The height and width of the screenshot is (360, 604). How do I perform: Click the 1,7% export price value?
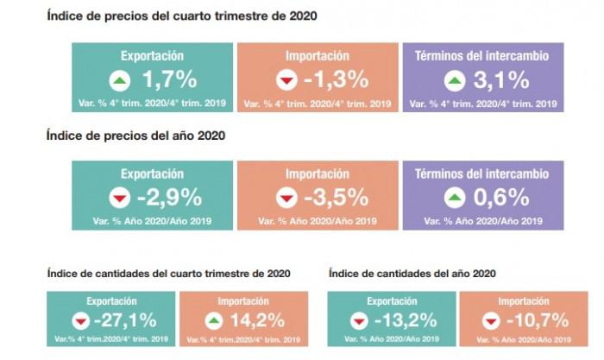click(170, 80)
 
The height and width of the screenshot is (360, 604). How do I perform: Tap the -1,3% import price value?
click(337, 80)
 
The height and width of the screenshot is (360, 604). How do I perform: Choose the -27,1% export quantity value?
click(125, 320)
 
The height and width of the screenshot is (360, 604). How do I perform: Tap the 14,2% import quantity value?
click(244, 320)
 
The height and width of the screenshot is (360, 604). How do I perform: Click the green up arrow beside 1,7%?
click(119, 81)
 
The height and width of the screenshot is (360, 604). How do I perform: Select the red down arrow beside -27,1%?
click(81, 321)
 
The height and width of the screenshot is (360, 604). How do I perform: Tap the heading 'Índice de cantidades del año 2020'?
click(413, 274)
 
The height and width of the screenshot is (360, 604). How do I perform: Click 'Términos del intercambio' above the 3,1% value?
click(482, 55)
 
